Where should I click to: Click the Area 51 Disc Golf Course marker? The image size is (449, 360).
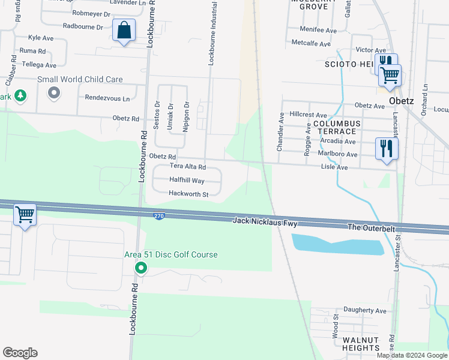point(140,268)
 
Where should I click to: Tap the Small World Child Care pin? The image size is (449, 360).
point(54,92)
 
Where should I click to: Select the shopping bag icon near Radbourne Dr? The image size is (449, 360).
point(124,29)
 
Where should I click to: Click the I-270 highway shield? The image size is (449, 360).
point(158,216)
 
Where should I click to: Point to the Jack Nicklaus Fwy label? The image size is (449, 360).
point(265,223)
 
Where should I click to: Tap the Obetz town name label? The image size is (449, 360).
point(401,100)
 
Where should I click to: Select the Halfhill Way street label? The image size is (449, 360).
point(187,180)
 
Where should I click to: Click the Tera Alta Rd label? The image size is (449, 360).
point(187,167)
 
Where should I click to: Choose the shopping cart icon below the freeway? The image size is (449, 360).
point(25,214)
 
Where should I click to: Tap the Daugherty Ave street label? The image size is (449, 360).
point(366,310)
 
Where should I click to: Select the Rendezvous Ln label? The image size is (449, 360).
point(107,98)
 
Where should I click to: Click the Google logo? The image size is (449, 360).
point(20,353)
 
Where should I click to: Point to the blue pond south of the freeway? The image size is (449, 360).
point(336,244)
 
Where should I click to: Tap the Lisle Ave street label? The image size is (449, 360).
point(334,167)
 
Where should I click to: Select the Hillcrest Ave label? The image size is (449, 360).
point(308,115)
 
